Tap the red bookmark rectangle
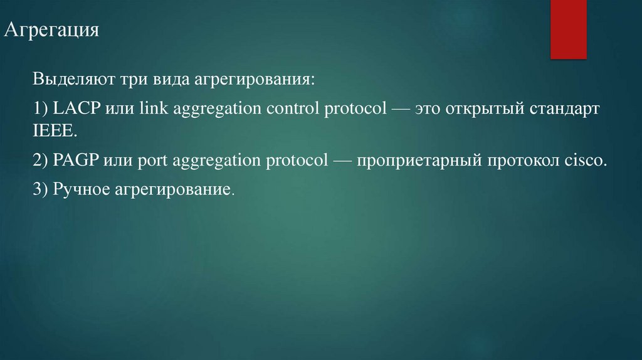568,28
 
